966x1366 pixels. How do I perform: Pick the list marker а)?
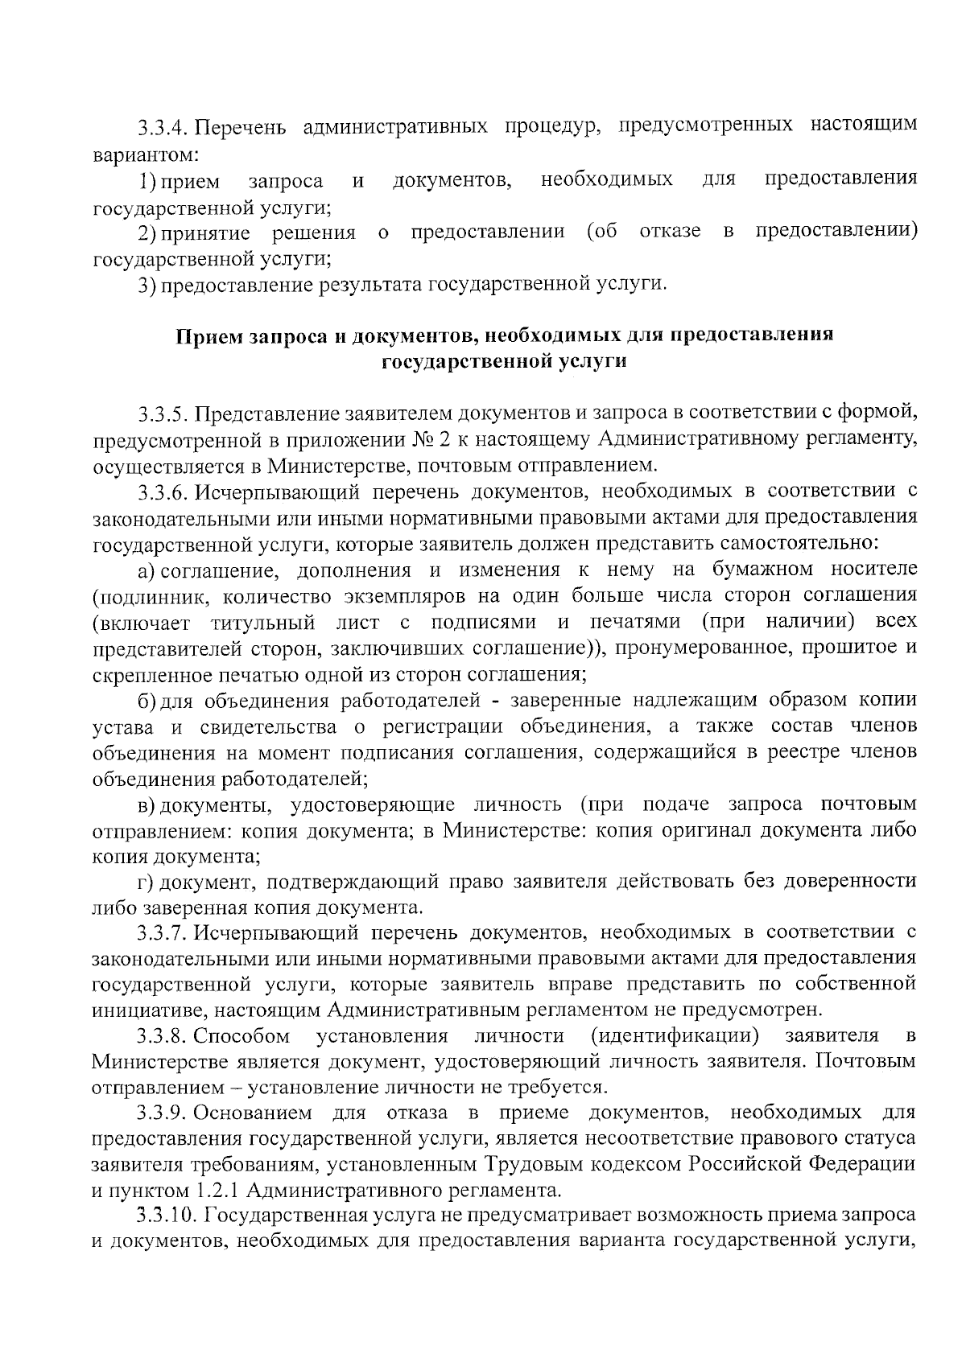146,570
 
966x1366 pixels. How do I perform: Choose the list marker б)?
146,701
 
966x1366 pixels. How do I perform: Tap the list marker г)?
145,883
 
